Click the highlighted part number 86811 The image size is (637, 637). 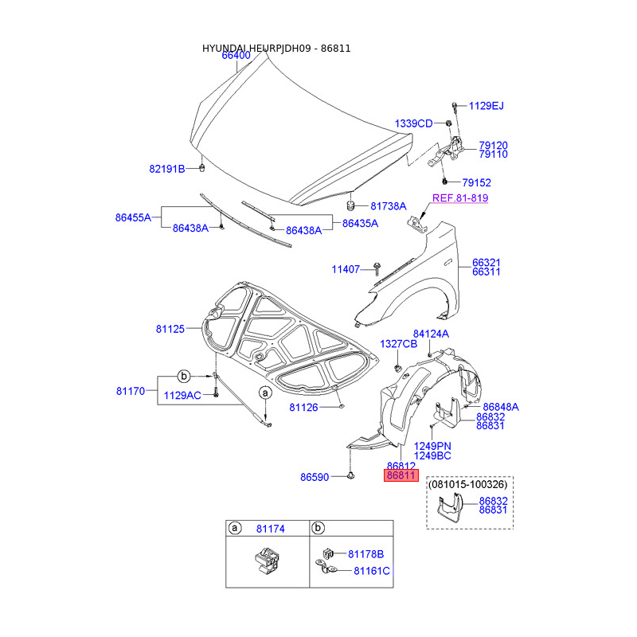pos(401,475)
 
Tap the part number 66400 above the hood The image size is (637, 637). pos(236,56)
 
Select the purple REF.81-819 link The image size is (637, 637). pos(460,198)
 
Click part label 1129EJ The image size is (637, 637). pos(486,106)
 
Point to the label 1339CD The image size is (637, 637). pos(413,123)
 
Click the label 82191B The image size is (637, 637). pos(166,169)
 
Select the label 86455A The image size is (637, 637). pos(133,217)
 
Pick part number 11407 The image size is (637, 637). pos(346,269)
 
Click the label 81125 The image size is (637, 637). pos(170,328)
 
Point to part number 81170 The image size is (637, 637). pos(131,391)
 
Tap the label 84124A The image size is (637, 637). pos(431,334)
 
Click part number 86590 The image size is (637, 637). pos(315,478)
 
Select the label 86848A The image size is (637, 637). pos(500,406)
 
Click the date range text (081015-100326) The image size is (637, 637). pos(470,483)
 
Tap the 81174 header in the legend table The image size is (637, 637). pos(269,528)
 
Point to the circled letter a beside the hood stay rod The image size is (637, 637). pos(265,393)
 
